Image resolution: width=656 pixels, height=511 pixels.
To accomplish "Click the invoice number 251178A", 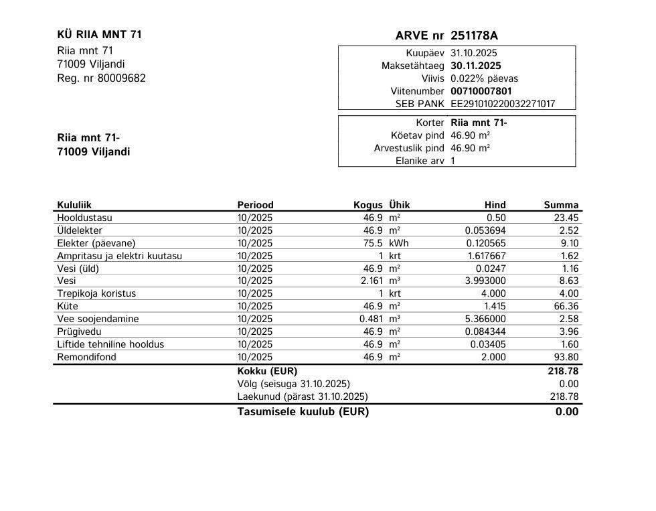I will pyautogui.click(x=474, y=35).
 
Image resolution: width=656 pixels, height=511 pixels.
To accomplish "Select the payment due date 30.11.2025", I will pyautogui.click(x=475, y=66).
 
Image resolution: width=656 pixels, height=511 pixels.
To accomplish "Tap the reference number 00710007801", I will pyautogui.click(x=481, y=91).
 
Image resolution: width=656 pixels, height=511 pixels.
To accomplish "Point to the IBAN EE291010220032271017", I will pyautogui.click(x=503, y=104).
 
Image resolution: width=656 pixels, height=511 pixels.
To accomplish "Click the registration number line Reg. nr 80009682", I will pyautogui.click(x=101, y=78).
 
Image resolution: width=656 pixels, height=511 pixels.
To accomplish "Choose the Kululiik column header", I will pyautogui.click(x=74, y=205).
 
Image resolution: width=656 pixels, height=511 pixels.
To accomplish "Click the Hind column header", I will pyautogui.click(x=495, y=205).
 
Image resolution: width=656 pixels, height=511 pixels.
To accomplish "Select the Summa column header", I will pyautogui.click(x=561, y=205).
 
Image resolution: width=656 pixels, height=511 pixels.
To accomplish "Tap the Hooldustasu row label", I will pyautogui.click(x=84, y=218).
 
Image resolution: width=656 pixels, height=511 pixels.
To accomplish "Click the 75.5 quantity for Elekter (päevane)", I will pyautogui.click(x=372, y=243).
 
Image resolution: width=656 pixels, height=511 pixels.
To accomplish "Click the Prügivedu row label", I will pyautogui.click(x=78, y=332).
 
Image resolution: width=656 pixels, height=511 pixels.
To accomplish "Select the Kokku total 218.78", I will pyautogui.click(x=564, y=370).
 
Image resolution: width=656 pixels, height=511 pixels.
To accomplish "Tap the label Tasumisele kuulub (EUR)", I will pyautogui.click(x=303, y=412).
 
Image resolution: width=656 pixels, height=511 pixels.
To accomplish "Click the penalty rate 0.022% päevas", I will pyautogui.click(x=484, y=78).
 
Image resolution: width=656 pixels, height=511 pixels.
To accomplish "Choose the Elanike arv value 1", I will pyautogui.click(x=453, y=161).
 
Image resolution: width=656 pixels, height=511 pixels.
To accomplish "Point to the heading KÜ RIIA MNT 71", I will pyautogui.click(x=100, y=35).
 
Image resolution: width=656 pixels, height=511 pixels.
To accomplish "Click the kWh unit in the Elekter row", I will pyautogui.click(x=398, y=243).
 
